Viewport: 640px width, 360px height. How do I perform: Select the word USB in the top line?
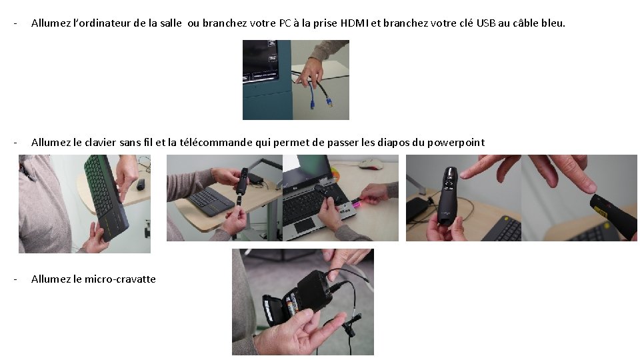click(x=486, y=23)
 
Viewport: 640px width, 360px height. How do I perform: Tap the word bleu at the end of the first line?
click(x=553, y=23)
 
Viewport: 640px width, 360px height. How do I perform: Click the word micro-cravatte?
click(x=120, y=279)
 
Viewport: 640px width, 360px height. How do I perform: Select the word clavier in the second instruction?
click(x=101, y=143)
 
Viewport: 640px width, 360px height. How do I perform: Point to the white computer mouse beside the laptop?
click(x=371, y=164)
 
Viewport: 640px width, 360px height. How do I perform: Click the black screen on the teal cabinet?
click(x=261, y=61)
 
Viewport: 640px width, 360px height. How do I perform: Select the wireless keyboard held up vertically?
click(x=106, y=197)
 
